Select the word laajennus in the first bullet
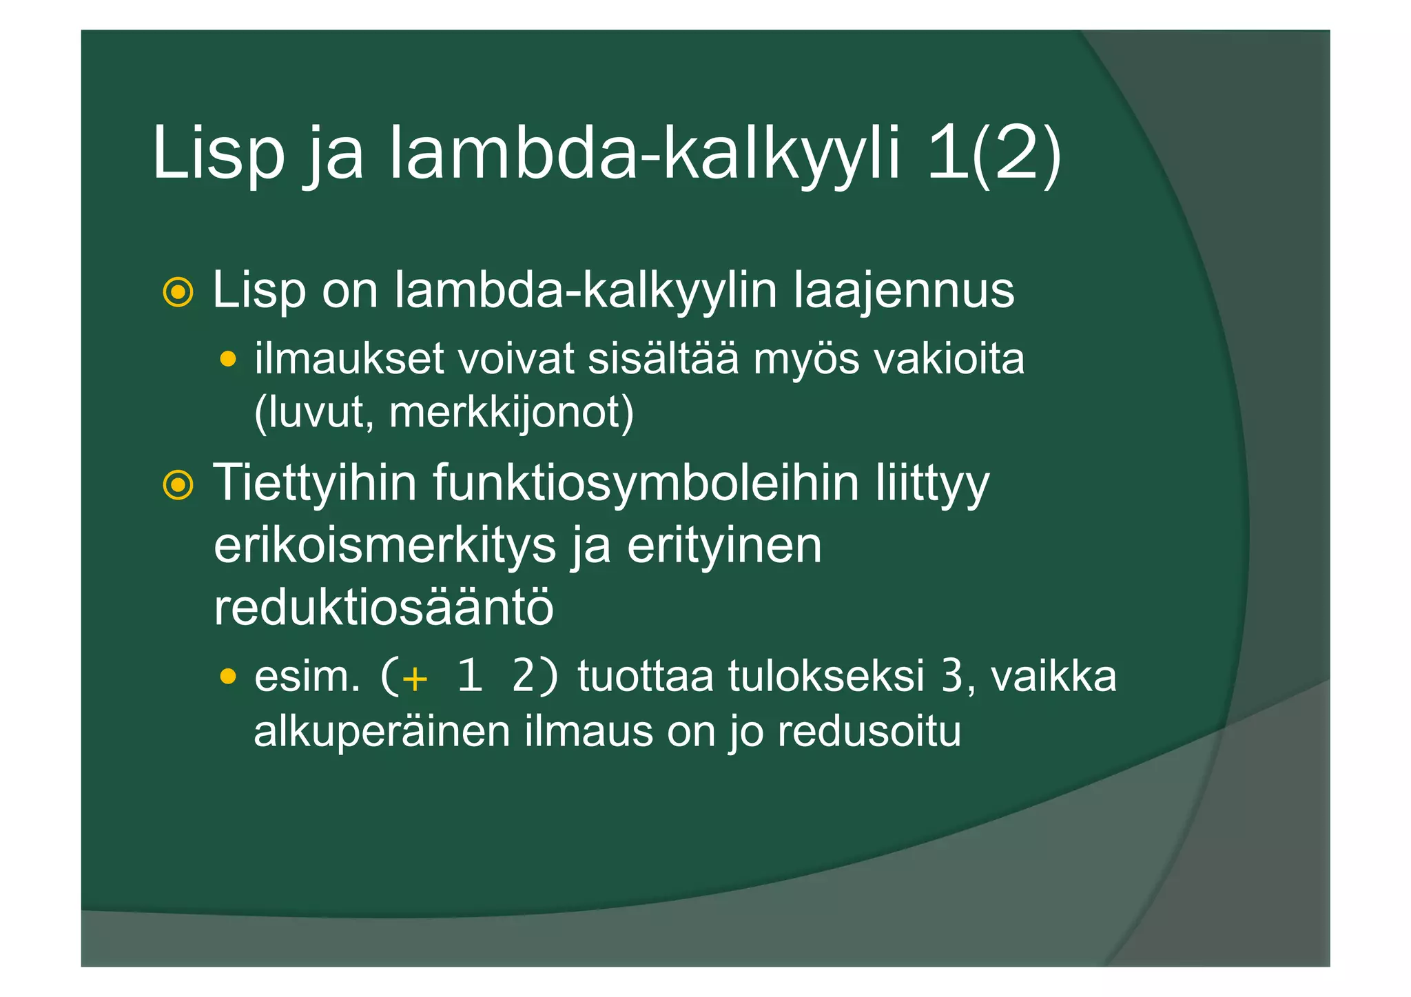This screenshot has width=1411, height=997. click(x=904, y=290)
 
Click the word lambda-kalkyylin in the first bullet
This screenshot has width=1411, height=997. click(x=586, y=290)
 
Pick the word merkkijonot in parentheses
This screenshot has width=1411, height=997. click(x=511, y=412)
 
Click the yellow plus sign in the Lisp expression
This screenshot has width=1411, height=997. click(x=415, y=679)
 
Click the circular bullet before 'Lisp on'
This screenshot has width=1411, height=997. click(x=178, y=293)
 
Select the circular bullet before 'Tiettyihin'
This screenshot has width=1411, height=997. click(x=178, y=485)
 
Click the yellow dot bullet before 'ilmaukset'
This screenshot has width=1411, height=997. click(x=228, y=359)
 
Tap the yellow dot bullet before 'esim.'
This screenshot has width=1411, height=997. click(x=228, y=677)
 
